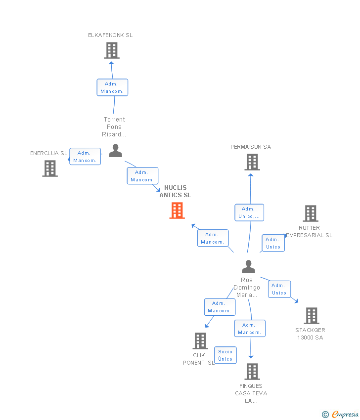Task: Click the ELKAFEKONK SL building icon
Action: point(112,50)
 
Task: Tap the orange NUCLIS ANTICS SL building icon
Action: point(177,210)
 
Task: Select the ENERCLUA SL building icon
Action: point(50,168)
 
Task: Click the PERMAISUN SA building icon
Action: point(252,162)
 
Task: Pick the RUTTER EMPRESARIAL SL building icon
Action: point(311,213)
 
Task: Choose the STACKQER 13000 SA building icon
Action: point(312,316)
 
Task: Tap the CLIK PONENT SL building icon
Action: point(200,341)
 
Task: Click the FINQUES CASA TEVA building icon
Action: point(252,372)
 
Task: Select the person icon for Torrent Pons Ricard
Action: point(115,151)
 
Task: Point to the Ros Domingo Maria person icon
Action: point(248,267)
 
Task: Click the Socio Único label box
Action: point(225,355)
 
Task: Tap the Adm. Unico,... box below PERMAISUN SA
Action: point(249,212)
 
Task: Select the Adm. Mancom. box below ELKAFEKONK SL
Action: point(112,87)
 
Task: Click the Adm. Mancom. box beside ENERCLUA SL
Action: point(85,157)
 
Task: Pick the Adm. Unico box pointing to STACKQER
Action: point(279,289)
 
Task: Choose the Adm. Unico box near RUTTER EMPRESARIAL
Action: point(273,243)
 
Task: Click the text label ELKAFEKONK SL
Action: point(110,35)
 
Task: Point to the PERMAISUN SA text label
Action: point(251,147)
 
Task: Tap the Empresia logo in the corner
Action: point(341,414)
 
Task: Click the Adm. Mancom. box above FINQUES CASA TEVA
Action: point(250,329)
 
